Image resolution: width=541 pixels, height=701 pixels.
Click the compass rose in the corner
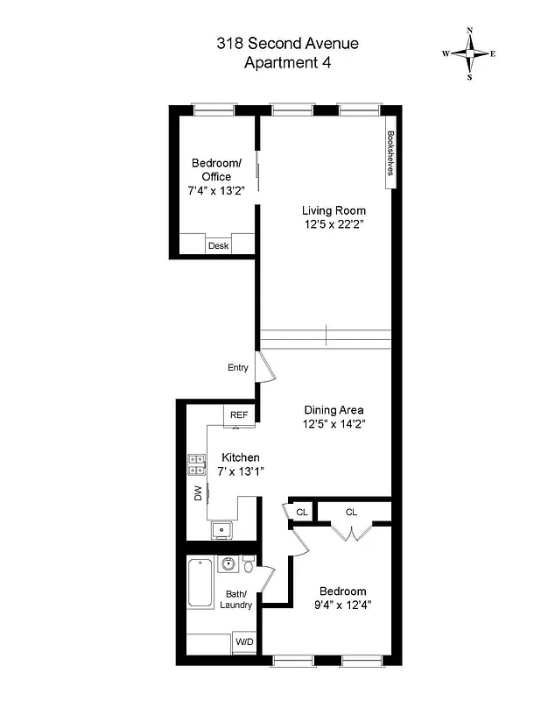469,53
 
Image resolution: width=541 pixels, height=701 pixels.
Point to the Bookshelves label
390,158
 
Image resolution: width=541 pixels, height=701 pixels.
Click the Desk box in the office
218,245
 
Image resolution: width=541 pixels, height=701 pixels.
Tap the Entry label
238,368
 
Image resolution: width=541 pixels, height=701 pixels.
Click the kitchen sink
221,529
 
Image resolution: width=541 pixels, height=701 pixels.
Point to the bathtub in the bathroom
200,584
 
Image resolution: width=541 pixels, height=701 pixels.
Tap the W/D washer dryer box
243,643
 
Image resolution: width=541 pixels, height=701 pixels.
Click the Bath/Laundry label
236,599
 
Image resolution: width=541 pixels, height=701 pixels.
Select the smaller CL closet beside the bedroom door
302,512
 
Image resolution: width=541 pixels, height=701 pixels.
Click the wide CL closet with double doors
351,512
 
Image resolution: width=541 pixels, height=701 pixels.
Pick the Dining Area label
334,410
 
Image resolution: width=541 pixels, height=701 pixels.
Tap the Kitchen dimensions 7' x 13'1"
241,471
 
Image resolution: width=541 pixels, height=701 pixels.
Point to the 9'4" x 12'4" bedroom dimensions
342,605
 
